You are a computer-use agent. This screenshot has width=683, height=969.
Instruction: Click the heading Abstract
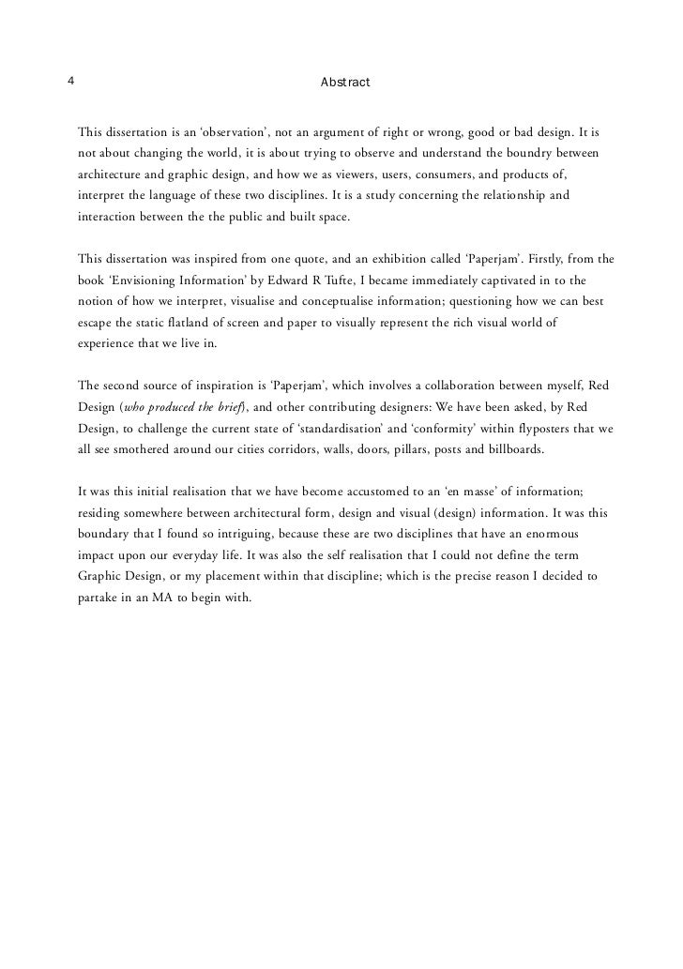tap(345, 83)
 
